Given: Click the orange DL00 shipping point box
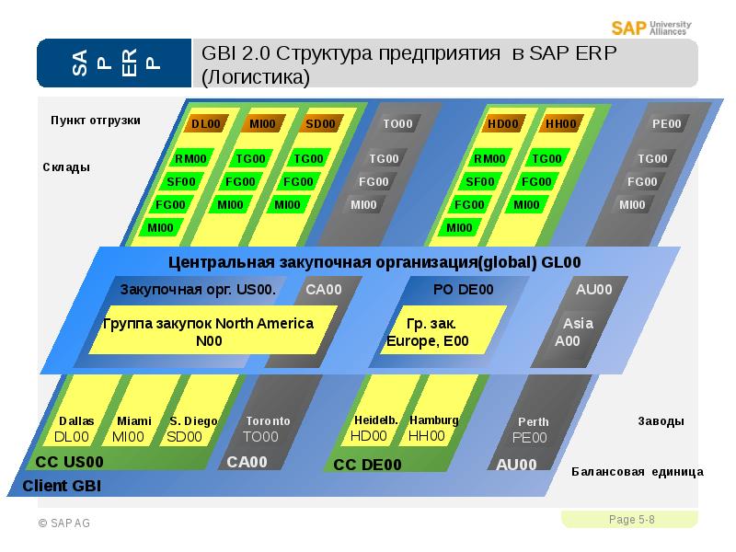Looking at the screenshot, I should click(x=206, y=123).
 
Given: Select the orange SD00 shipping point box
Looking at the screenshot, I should click(x=321, y=123).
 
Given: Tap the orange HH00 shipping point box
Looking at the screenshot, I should click(x=560, y=124).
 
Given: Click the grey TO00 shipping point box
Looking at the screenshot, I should click(x=398, y=124).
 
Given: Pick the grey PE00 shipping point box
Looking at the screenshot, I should click(x=667, y=124).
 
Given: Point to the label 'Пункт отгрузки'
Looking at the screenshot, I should click(x=96, y=121).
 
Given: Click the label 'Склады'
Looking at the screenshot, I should click(x=66, y=167).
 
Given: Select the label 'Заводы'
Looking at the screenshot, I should click(x=661, y=421).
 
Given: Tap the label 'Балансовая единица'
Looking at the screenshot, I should click(x=637, y=472).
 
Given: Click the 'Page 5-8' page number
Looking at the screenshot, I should click(x=632, y=521).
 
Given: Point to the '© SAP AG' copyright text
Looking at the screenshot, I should click(x=64, y=523).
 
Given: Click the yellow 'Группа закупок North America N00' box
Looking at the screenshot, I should click(x=209, y=332).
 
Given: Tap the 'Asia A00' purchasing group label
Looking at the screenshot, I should click(x=575, y=331).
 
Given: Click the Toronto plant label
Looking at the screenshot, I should click(x=267, y=429).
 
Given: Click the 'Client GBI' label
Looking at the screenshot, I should click(x=62, y=485).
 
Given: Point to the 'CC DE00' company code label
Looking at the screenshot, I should click(x=367, y=465).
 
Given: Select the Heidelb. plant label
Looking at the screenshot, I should click(x=374, y=428).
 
